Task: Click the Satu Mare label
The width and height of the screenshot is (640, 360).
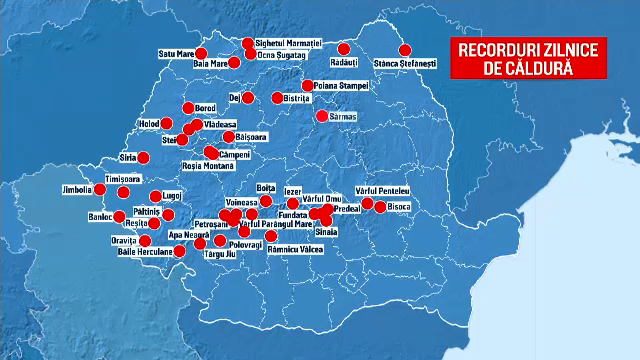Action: pyautogui.click(x=175, y=53)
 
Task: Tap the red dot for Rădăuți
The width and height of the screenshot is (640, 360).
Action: pyautogui.click(x=343, y=48)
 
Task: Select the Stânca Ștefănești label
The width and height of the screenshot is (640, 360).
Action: pyautogui.click(x=405, y=63)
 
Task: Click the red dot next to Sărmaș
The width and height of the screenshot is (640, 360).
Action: pyautogui.click(x=322, y=116)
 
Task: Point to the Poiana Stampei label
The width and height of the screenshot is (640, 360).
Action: pyautogui.click(x=342, y=86)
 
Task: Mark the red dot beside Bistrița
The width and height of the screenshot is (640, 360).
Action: pyautogui.click(x=277, y=98)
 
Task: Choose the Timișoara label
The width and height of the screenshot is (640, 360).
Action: pyautogui.click(x=97, y=179)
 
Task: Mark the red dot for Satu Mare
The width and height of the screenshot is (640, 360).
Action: pyautogui.click(x=202, y=54)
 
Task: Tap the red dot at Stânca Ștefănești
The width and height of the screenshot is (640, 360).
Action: pyautogui.click(x=405, y=49)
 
